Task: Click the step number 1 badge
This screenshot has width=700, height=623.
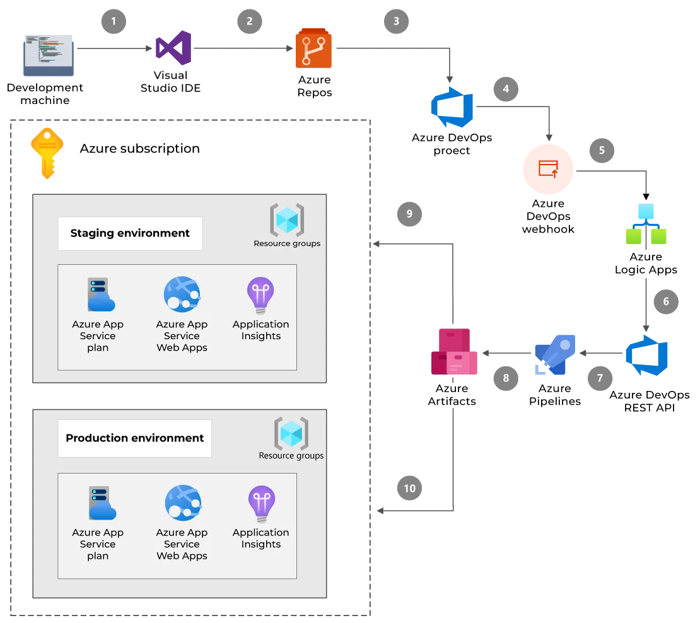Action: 114,21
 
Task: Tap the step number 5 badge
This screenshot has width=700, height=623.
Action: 602,151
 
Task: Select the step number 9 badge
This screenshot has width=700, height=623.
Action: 409,214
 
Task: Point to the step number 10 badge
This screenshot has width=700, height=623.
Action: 409,489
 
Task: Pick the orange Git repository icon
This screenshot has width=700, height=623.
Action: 312,49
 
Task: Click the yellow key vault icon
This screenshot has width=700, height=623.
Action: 47,151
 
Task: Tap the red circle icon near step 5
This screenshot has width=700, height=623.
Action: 548,169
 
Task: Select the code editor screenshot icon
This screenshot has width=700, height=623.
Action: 48,54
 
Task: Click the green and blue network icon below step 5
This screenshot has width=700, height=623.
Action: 646,226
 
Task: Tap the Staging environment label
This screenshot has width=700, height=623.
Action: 130,233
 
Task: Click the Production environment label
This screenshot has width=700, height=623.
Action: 135,438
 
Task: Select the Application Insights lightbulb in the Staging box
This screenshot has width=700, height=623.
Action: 260,295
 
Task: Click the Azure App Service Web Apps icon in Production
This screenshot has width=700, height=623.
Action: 182,503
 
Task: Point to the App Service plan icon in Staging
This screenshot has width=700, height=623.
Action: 99,295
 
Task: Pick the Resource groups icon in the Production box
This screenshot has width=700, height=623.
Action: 291,433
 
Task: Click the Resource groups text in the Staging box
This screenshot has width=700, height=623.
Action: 287,243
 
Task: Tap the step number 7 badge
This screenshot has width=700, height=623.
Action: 599,378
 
